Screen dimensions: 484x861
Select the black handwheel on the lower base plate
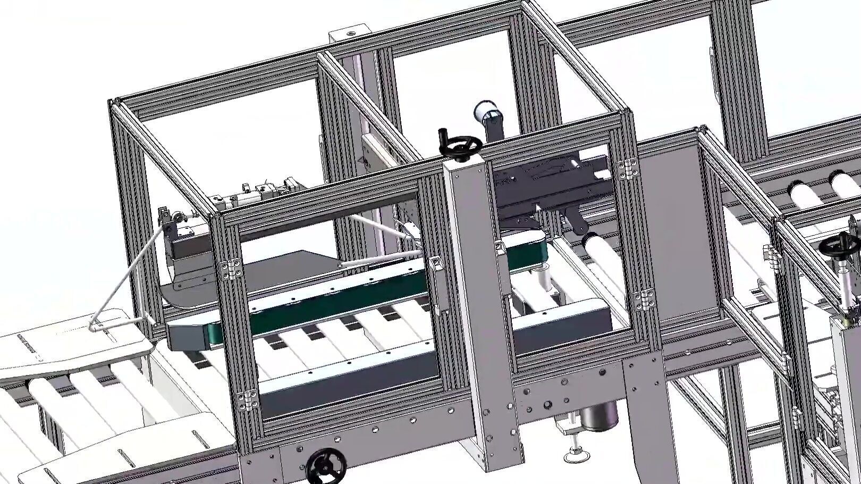pyautogui.click(x=326, y=466)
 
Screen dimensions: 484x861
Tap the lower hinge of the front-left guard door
pyautogui.click(x=248, y=399)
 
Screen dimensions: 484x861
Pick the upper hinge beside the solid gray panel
pyautogui.click(x=629, y=168)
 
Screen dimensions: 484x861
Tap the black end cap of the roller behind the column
pyautogui.click(x=585, y=240)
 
